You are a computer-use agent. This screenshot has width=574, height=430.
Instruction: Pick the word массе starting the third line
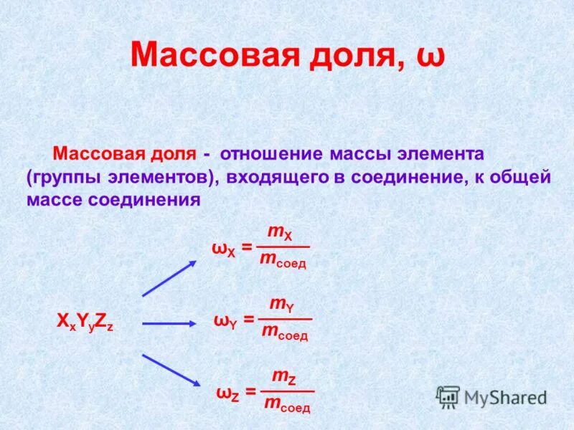55,199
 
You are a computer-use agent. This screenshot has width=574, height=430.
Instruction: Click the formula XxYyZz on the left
85,322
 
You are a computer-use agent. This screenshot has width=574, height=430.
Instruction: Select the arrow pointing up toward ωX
169,278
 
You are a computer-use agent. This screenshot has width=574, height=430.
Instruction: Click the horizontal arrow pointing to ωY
169,323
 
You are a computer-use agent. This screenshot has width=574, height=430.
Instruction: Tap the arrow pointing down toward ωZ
169,371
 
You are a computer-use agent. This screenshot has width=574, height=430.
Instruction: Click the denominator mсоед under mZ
287,406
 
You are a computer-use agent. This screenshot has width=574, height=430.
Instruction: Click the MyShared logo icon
448,396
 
